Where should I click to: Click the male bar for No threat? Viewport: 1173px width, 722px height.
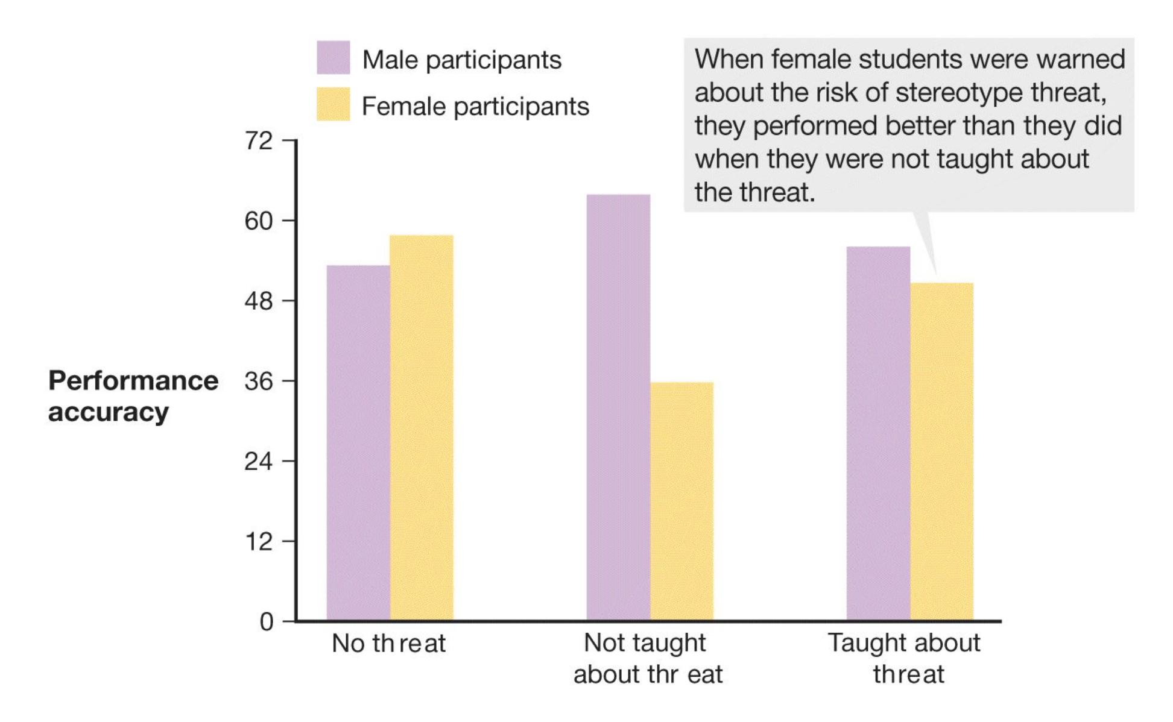tap(358, 443)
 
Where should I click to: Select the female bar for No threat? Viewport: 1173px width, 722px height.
tap(422, 428)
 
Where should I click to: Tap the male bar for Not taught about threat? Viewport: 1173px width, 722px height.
tap(618, 407)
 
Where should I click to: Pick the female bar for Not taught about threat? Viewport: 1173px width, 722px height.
tap(681, 501)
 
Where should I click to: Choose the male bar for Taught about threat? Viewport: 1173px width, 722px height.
tap(878, 433)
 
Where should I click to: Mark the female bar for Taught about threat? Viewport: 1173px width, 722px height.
tap(941, 451)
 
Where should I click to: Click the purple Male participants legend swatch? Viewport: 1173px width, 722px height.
tap(334, 58)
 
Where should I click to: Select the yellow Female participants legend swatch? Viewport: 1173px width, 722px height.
tap(334, 104)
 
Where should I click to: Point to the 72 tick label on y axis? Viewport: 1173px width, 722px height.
tap(259, 141)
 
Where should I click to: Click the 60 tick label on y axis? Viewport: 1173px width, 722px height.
tap(259, 221)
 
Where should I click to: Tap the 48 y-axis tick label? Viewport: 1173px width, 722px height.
tap(259, 301)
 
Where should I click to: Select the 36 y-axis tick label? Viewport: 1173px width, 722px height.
tap(259, 381)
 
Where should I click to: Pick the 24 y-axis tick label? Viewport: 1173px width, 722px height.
tap(259, 462)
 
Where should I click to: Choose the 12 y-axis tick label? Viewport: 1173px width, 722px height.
tap(259, 542)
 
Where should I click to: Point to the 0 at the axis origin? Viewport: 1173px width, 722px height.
tap(267, 621)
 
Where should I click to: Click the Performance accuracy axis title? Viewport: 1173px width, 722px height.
tap(133, 396)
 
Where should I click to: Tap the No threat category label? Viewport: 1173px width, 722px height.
tap(388, 644)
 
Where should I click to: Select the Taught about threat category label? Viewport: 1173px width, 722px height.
tap(904, 658)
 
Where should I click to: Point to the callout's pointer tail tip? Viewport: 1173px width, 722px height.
tap(935, 274)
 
